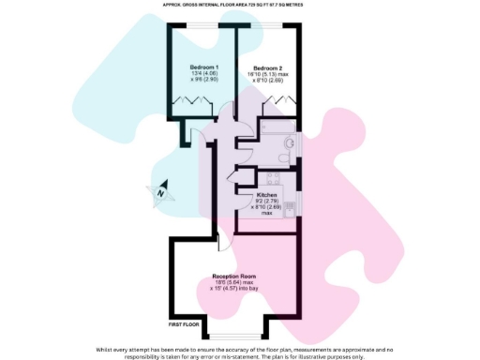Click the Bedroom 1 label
coord(204,67)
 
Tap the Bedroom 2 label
coord(267,67)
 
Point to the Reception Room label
coord(234,277)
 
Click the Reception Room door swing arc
coord(223,241)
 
